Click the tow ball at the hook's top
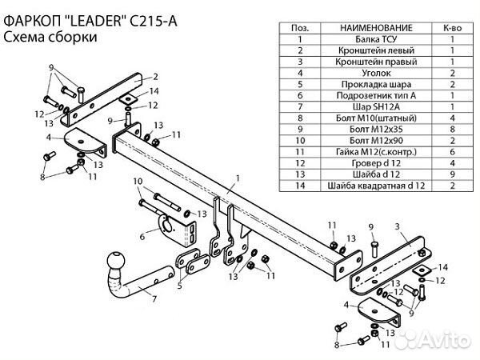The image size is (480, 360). (114, 262)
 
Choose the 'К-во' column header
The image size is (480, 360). (452, 27)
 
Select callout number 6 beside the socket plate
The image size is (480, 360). (142, 237)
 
